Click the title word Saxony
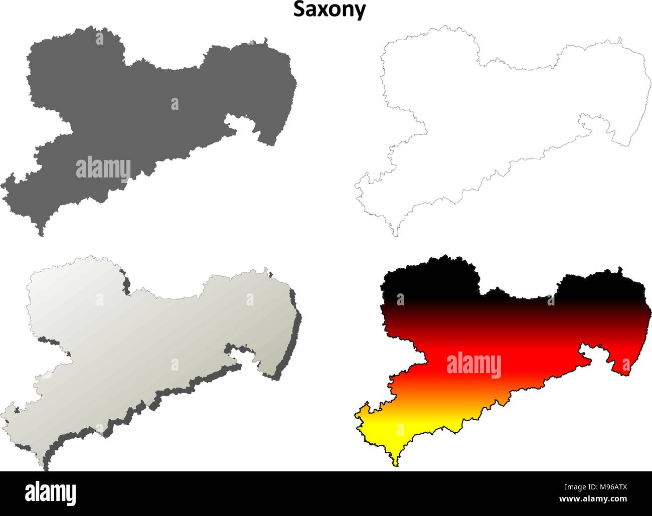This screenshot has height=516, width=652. tap(330, 10)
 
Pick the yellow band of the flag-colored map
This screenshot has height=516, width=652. tap(396, 431)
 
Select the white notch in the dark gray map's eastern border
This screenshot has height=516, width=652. tap(241, 123)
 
